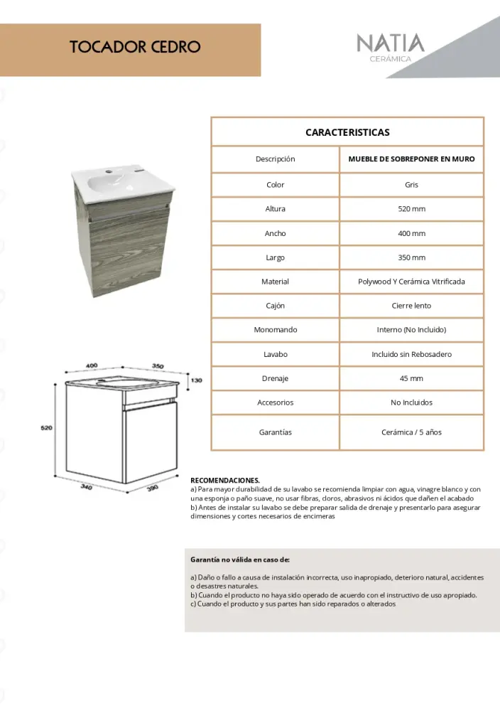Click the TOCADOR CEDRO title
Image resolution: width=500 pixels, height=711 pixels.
135,48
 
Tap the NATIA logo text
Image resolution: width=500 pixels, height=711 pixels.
390,43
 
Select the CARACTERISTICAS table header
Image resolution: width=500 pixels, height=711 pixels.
347,132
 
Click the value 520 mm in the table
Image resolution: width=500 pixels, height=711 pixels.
411,209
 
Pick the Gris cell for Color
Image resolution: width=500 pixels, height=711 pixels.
411,185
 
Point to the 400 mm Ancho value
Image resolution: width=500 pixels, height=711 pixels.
411,233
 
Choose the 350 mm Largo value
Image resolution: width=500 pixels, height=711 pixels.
411,257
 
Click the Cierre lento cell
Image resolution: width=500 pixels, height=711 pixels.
411,306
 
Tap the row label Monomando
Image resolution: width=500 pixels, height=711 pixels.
275,330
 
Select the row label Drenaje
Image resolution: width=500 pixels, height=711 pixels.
275,378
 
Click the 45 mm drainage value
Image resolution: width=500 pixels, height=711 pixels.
411,378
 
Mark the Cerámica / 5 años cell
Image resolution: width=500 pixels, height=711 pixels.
411,432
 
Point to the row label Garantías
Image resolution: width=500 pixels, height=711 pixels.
275,432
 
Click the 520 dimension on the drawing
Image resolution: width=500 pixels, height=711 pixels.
46,428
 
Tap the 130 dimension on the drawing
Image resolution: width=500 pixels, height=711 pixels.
196,380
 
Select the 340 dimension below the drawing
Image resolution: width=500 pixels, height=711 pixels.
86,487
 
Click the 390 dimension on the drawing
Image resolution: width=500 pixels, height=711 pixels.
152,489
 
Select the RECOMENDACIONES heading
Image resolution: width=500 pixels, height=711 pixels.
225,480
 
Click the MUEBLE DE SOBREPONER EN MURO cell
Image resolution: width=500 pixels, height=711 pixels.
411,159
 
